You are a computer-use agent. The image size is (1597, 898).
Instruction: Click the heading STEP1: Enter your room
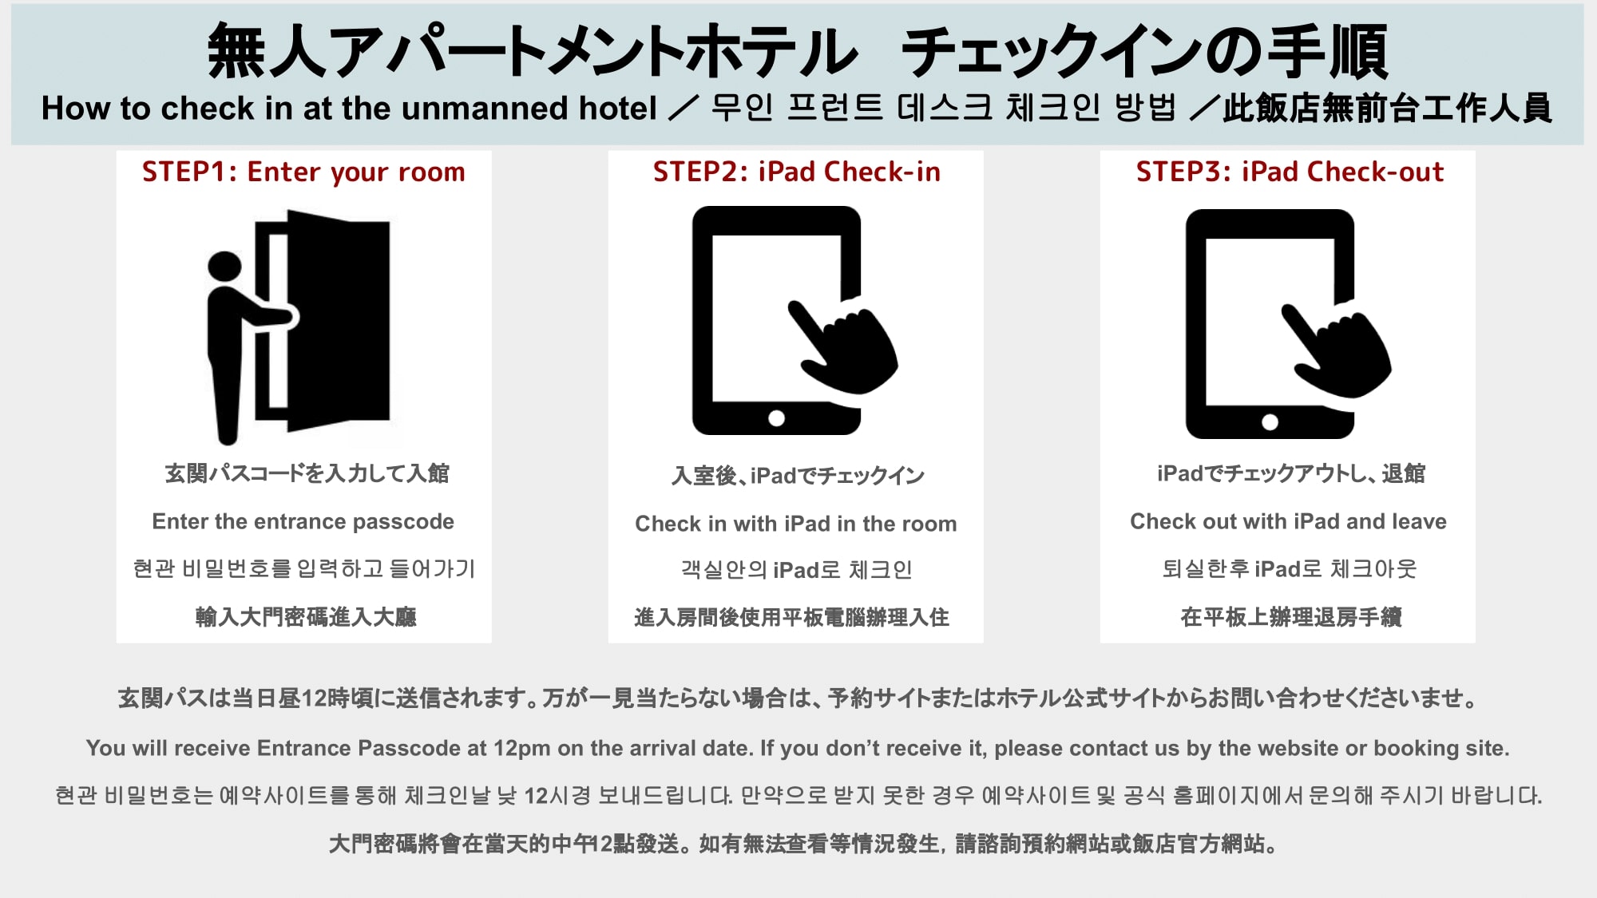click(x=303, y=172)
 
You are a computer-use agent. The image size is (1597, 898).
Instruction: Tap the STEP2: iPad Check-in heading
click(x=796, y=172)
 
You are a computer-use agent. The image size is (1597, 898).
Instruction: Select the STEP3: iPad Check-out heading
click(x=1290, y=172)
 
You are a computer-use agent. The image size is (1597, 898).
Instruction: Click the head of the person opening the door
click(x=224, y=267)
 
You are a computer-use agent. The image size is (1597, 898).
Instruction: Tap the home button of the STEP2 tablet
click(x=776, y=418)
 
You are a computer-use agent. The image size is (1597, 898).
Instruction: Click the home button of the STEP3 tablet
click(x=1270, y=422)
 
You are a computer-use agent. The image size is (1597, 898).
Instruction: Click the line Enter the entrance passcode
click(x=303, y=522)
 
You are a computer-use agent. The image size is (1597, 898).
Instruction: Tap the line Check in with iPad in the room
click(x=795, y=524)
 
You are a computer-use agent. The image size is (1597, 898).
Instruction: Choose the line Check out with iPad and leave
click(x=1288, y=522)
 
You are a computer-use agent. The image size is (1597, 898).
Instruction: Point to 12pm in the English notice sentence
click(x=521, y=749)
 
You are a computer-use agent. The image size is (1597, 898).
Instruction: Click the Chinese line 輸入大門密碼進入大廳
click(x=306, y=617)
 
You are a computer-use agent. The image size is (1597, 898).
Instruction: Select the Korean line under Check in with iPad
click(x=795, y=570)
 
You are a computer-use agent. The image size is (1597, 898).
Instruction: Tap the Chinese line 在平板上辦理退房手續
click(x=1290, y=617)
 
